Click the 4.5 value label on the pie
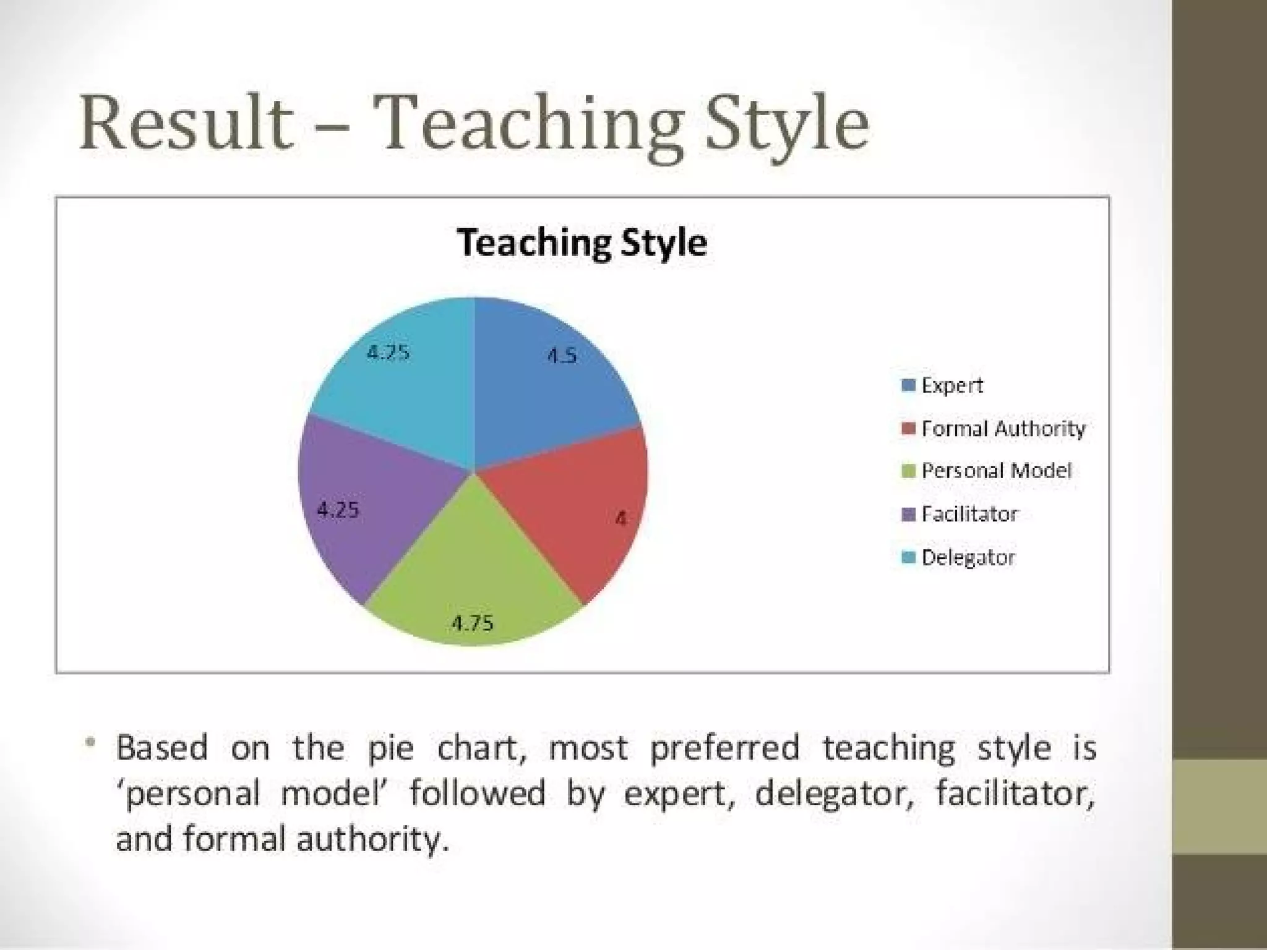pos(562,356)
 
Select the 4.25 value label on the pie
pos(338,510)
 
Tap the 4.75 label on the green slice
pos(473,623)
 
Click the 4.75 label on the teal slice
pos(389,353)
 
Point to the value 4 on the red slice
pos(621,518)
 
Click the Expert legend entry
pos(951,385)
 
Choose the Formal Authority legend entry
pos(1002,429)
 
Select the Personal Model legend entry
pos(995,471)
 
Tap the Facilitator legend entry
pos(969,514)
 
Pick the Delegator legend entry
pos(968,557)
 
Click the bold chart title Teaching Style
pos(582,242)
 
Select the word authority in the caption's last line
pos(371,840)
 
